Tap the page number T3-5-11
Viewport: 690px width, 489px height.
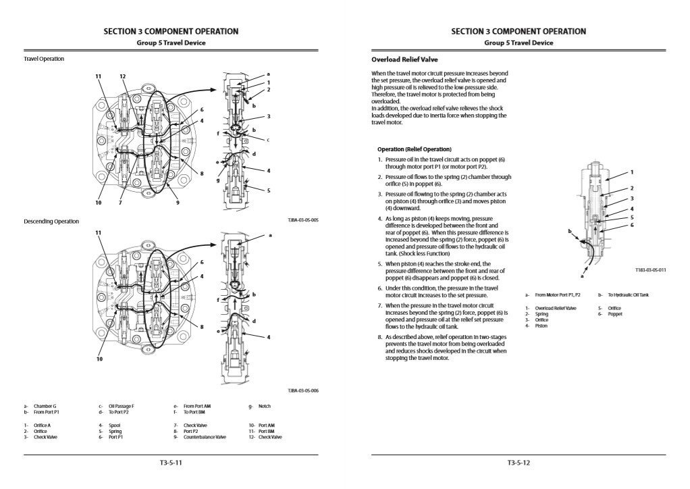tap(171, 463)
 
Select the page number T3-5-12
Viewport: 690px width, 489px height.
tap(519, 463)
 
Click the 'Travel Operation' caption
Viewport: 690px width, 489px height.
tap(44, 59)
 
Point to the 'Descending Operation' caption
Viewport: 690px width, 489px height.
tap(51, 221)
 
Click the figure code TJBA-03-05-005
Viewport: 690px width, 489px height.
tap(303, 220)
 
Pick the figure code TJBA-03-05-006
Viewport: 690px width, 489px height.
tap(303, 390)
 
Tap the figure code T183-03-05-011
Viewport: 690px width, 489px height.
tap(650, 269)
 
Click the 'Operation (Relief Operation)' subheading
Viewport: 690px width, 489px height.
tap(415, 149)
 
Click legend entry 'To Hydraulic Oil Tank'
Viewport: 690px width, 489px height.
tap(628, 294)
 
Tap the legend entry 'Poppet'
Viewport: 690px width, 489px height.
tap(614, 314)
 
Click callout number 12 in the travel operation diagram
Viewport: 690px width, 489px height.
tap(123, 76)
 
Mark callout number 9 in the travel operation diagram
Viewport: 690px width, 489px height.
tap(177, 203)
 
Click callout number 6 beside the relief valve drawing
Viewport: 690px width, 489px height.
tap(632, 224)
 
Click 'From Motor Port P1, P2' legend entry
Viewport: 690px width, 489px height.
tap(558, 294)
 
